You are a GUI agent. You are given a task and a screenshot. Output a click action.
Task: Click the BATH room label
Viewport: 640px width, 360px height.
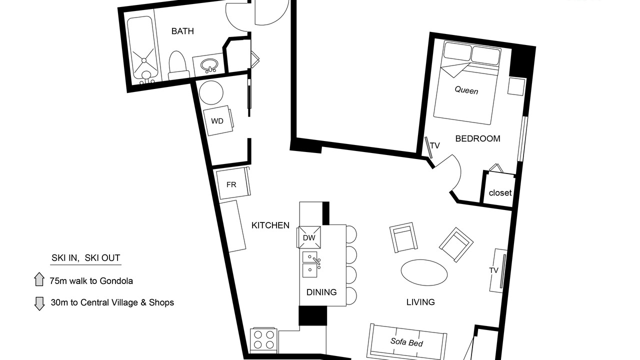182,31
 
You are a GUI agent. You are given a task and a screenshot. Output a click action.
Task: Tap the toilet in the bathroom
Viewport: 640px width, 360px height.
177,65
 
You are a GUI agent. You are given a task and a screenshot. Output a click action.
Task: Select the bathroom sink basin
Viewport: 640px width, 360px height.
209,65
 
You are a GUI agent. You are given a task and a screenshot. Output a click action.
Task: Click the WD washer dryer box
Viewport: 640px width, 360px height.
218,120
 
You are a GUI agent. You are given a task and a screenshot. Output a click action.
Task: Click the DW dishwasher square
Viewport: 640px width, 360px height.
309,237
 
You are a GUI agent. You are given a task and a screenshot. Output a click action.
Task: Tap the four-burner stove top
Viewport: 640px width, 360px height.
263,340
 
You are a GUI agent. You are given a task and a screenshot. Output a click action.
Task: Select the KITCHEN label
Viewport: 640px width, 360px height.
270,225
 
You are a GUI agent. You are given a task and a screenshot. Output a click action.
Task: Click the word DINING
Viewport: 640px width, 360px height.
321,292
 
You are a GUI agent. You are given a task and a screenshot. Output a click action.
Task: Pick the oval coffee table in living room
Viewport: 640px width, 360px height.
424,272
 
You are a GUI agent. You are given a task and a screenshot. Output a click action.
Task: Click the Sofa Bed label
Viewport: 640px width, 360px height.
406,342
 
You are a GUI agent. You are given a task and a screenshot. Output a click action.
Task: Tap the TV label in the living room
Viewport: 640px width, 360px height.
493,270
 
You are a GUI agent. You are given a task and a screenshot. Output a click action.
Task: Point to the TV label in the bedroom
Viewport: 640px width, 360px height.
435,145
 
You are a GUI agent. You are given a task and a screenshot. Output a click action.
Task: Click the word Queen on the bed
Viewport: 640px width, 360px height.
466,90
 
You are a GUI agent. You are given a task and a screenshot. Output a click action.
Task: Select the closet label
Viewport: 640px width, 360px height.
500,193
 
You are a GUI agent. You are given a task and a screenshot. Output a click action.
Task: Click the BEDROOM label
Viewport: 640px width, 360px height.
477,138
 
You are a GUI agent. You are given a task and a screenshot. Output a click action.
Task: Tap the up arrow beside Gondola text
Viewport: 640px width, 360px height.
39,279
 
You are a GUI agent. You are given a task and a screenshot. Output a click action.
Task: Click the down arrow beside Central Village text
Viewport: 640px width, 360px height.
39,303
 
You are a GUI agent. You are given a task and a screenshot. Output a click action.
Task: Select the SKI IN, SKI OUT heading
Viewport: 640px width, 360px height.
85,258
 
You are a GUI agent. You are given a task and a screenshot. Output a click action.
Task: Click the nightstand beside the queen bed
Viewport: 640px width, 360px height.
516,86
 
